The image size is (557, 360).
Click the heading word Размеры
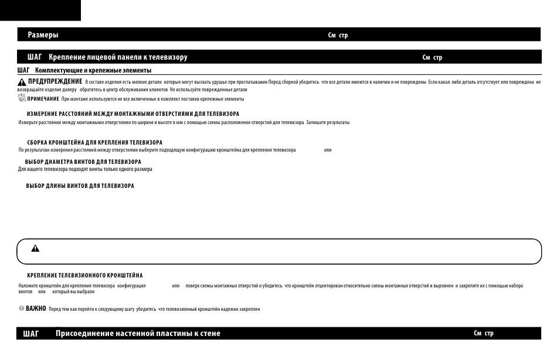(43, 35)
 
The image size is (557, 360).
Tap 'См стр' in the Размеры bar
(338, 36)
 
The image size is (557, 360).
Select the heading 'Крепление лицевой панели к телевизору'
(118, 57)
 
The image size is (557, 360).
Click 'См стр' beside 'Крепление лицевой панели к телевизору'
(432, 58)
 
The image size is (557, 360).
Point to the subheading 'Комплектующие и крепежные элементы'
(93, 71)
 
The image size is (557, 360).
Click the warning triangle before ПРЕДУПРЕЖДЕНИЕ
(22, 82)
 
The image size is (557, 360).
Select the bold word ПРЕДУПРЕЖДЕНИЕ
(55, 81)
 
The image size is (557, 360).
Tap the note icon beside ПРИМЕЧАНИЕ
(22, 98)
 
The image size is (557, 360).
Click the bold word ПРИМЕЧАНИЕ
(43, 99)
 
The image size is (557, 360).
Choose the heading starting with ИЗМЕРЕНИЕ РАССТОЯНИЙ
(124, 114)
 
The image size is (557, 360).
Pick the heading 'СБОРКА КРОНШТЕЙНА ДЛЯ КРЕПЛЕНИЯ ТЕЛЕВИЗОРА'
(94, 142)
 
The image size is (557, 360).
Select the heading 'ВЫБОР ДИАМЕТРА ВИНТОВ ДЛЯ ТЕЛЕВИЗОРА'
(83, 162)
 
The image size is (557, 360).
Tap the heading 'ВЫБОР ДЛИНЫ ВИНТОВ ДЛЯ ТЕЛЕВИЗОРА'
(80, 186)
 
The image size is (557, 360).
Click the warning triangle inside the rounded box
(35, 248)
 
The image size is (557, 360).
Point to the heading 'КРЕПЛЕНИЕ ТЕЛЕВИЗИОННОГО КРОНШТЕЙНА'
(84, 275)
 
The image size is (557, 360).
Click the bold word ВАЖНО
(36, 308)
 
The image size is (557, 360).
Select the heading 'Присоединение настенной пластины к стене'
(138, 334)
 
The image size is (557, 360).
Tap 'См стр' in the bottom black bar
(484, 334)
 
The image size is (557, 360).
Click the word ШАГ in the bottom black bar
(31, 334)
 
